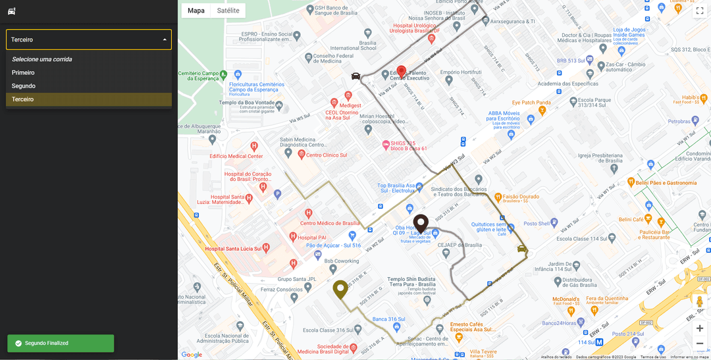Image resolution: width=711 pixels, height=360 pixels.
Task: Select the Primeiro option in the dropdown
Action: pos(24,72)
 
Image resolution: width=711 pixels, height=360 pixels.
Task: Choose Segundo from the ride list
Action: pos(24,86)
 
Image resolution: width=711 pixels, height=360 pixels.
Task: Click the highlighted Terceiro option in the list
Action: pos(23,99)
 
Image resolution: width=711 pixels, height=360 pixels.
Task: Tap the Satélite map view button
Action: pos(228,11)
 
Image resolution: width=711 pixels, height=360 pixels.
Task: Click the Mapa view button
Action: pos(196,11)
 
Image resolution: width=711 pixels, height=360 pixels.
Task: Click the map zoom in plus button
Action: pos(699,328)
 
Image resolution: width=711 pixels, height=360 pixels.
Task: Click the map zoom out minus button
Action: pos(699,344)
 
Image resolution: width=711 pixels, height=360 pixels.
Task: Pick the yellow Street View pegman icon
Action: pos(699,303)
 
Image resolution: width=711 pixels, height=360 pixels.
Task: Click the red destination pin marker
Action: pos(401,71)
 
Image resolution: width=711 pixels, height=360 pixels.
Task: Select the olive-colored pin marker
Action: pos(340,289)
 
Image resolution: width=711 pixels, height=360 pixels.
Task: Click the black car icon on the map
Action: pos(355,76)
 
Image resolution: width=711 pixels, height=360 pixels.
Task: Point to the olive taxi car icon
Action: pos(522,249)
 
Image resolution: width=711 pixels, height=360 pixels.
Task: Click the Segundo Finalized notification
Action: pos(61,343)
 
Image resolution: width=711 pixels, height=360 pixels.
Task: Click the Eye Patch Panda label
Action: pos(531,103)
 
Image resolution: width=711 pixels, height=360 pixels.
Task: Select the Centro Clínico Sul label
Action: pos(326,155)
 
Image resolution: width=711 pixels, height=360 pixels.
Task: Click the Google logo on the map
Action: pos(192,355)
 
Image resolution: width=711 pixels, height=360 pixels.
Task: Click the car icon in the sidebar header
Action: pos(11,11)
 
